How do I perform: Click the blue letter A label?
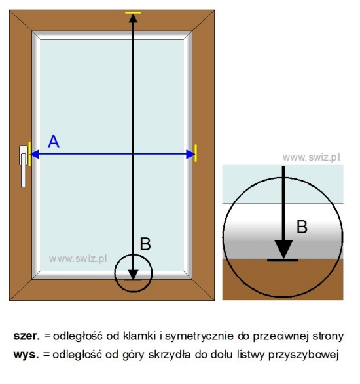[54, 142]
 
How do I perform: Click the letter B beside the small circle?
[145, 244]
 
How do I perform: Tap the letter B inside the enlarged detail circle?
[302, 227]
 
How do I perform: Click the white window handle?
[24, 166]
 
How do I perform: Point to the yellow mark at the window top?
[133, 12]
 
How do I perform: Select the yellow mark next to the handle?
[29, 154]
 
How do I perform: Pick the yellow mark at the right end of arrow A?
[196, 153]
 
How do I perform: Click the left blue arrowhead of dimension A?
[35, 154]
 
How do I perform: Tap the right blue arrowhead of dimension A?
[190, 154]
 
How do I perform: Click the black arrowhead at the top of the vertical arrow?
[133, 18]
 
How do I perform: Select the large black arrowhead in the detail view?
[283, 249]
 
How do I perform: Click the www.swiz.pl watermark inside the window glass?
[78, 259]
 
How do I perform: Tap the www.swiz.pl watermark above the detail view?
[312, 157]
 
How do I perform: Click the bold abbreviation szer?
[26, 336]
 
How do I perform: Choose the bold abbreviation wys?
[26, 355]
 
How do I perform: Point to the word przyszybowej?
[304, 355]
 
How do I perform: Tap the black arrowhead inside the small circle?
[133, 275]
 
